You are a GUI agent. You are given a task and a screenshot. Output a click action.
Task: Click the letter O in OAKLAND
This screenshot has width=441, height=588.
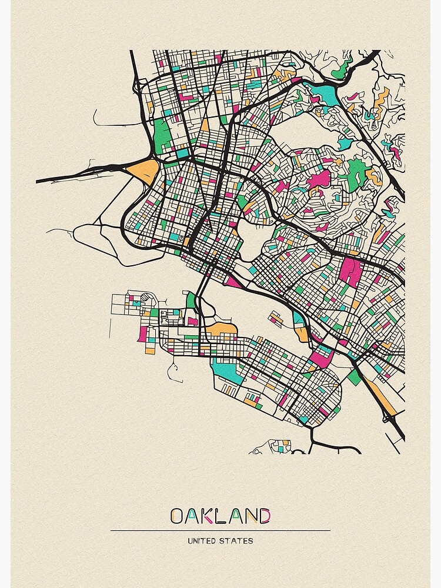coord(177,516)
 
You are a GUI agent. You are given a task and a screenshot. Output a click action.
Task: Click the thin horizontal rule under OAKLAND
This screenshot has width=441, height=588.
coord(220,530)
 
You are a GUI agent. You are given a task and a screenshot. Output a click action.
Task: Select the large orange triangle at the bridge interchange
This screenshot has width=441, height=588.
coord(143,171)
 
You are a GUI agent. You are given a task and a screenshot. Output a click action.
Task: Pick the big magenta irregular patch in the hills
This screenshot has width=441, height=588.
coord(318,179)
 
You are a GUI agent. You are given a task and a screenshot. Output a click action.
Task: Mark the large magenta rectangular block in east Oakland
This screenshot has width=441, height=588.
coord(352,272)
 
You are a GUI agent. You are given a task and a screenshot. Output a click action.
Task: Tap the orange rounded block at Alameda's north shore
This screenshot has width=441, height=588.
coord(222,328)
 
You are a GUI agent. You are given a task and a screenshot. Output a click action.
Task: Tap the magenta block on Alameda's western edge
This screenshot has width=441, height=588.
coord(142,334)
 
